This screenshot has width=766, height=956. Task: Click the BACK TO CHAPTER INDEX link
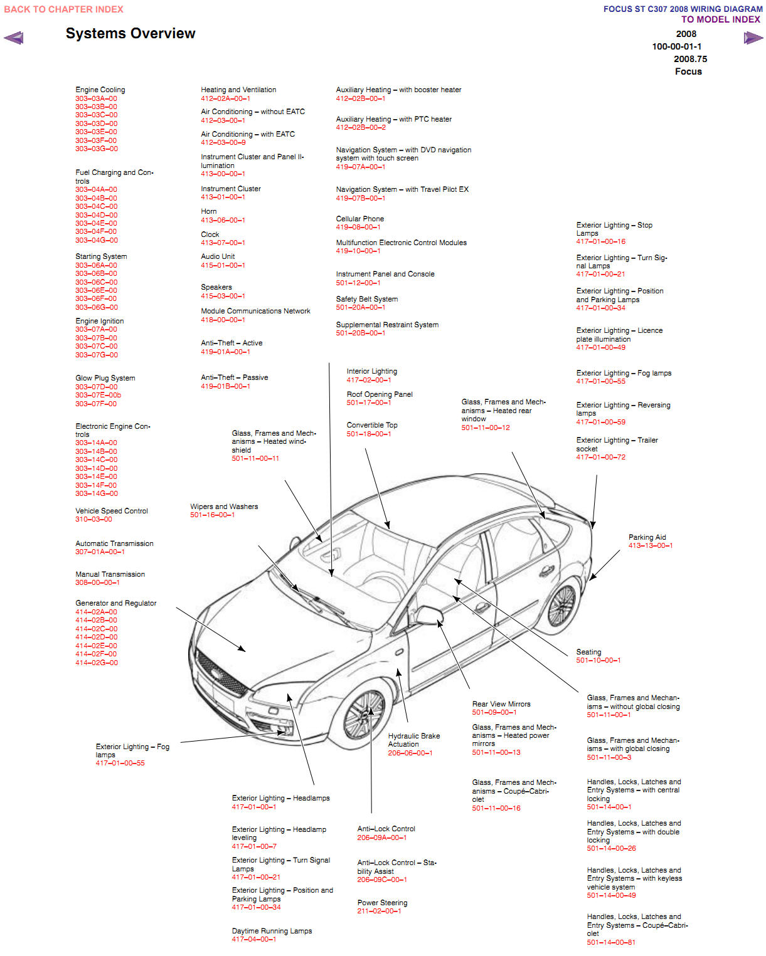pos(63,9)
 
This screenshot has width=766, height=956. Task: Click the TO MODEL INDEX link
pos(720,19)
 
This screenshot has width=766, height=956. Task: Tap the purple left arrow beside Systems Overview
pos(14,38)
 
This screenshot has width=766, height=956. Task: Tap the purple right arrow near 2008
pos(753,38)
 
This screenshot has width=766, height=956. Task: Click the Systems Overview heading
pos(130,34)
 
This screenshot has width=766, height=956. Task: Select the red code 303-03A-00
pos(96,98)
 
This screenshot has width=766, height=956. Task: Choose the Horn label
pos(209,211)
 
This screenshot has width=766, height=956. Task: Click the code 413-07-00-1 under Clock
pos(223,243)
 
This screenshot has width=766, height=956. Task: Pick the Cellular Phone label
pos(359,219)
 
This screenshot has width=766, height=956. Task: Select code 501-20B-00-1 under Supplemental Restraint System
pos(360,333)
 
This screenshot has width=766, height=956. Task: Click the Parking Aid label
pos(647,537)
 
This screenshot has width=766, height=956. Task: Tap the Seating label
pos(588,652)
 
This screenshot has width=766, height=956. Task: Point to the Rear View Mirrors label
pos(501,704)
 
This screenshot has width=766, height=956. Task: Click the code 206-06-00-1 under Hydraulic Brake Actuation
pos(410,753)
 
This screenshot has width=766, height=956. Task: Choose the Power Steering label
pos(382,903)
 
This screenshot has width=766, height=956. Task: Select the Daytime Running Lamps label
pos(272,931)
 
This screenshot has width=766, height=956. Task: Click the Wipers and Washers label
pos(224,507)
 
